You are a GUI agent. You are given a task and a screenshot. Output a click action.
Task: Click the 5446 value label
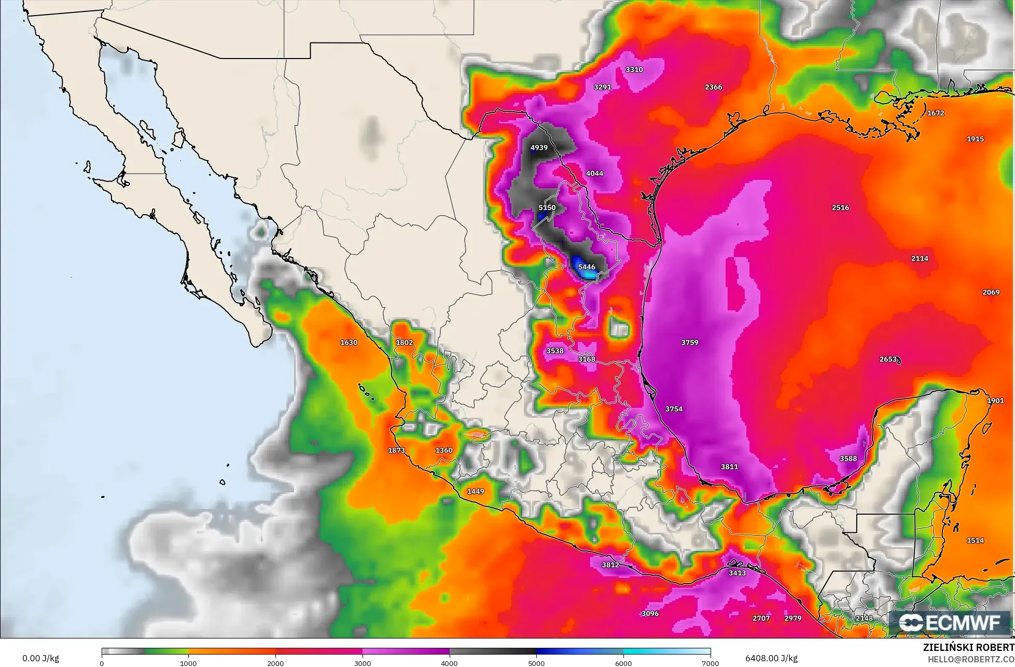586,267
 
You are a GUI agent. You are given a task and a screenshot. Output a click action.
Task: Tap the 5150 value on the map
547,208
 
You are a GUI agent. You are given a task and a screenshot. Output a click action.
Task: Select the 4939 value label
539,148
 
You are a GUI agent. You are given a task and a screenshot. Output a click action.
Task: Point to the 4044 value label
594,174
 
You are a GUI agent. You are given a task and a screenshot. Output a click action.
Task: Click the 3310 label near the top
634,69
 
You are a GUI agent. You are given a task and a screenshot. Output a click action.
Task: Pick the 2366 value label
713,87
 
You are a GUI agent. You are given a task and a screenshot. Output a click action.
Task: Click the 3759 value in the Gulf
689,343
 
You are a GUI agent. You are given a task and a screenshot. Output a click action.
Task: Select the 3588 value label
848,459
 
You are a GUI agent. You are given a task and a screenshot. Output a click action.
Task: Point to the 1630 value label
349,343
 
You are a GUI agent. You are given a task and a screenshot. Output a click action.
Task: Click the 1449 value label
475,491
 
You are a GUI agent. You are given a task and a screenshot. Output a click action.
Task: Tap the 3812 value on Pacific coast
610,565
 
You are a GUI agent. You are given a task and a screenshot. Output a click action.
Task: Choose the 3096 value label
649,614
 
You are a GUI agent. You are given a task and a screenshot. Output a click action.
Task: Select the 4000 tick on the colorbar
450,663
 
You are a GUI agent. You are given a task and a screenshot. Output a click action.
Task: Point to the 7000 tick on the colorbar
710,663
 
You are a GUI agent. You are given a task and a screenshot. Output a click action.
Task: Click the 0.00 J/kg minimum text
41,659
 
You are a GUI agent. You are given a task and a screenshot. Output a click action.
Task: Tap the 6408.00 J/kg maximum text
771,658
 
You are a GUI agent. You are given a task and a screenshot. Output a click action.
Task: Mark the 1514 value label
975,541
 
